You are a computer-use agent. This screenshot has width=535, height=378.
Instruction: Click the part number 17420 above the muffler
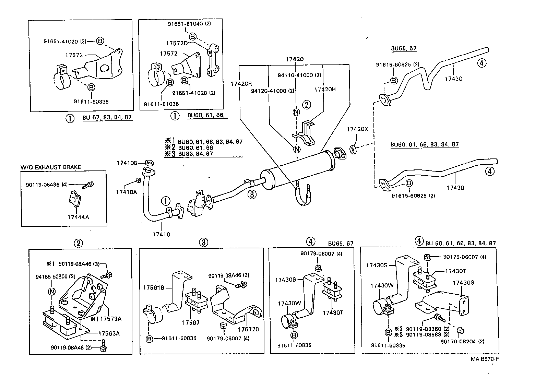click(x=294, y=59)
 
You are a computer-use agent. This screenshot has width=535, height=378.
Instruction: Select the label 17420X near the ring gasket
click(x=357, y=129)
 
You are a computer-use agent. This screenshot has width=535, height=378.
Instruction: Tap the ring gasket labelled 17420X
click(x=353, y=150)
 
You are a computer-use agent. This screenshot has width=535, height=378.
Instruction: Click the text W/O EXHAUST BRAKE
click(x=51, y=167)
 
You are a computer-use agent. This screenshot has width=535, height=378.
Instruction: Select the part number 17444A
click(x=78, y=217)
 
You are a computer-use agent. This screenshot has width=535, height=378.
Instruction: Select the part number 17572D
click(x=177, y=43)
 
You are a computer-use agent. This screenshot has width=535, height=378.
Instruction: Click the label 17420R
click(x=241, y=83)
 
